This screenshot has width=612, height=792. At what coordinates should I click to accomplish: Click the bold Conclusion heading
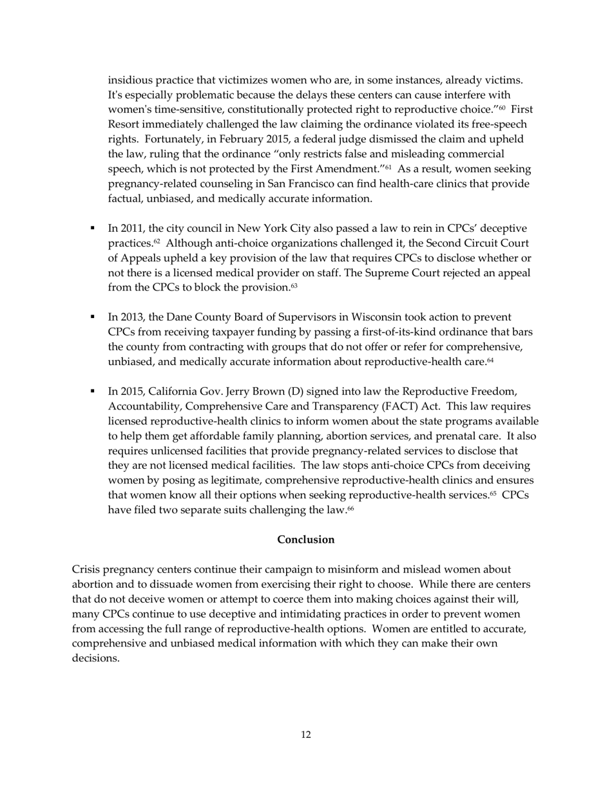(x=305, y=540)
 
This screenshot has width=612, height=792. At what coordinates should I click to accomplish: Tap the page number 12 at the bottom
(x=305, y=735)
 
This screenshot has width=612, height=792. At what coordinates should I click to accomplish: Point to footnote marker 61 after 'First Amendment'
(x=388, y=167)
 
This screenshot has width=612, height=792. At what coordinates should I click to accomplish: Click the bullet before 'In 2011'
(x=93, y=228)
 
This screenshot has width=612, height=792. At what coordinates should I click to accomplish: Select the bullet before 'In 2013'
(x=93, y=317)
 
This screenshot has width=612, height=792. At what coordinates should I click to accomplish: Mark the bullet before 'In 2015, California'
(x=93, y=391)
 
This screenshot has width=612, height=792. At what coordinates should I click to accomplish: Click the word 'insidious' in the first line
(x=129, y=80)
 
